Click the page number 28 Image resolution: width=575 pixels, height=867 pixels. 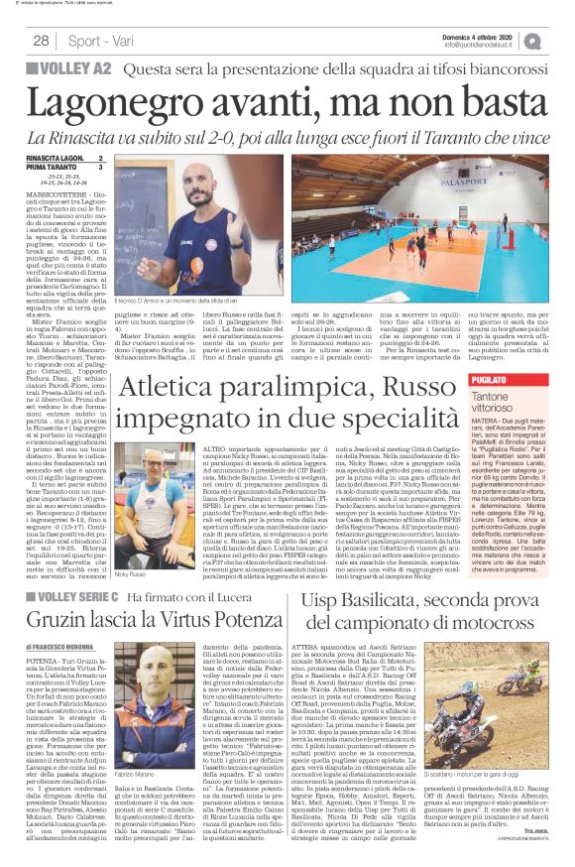41,40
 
